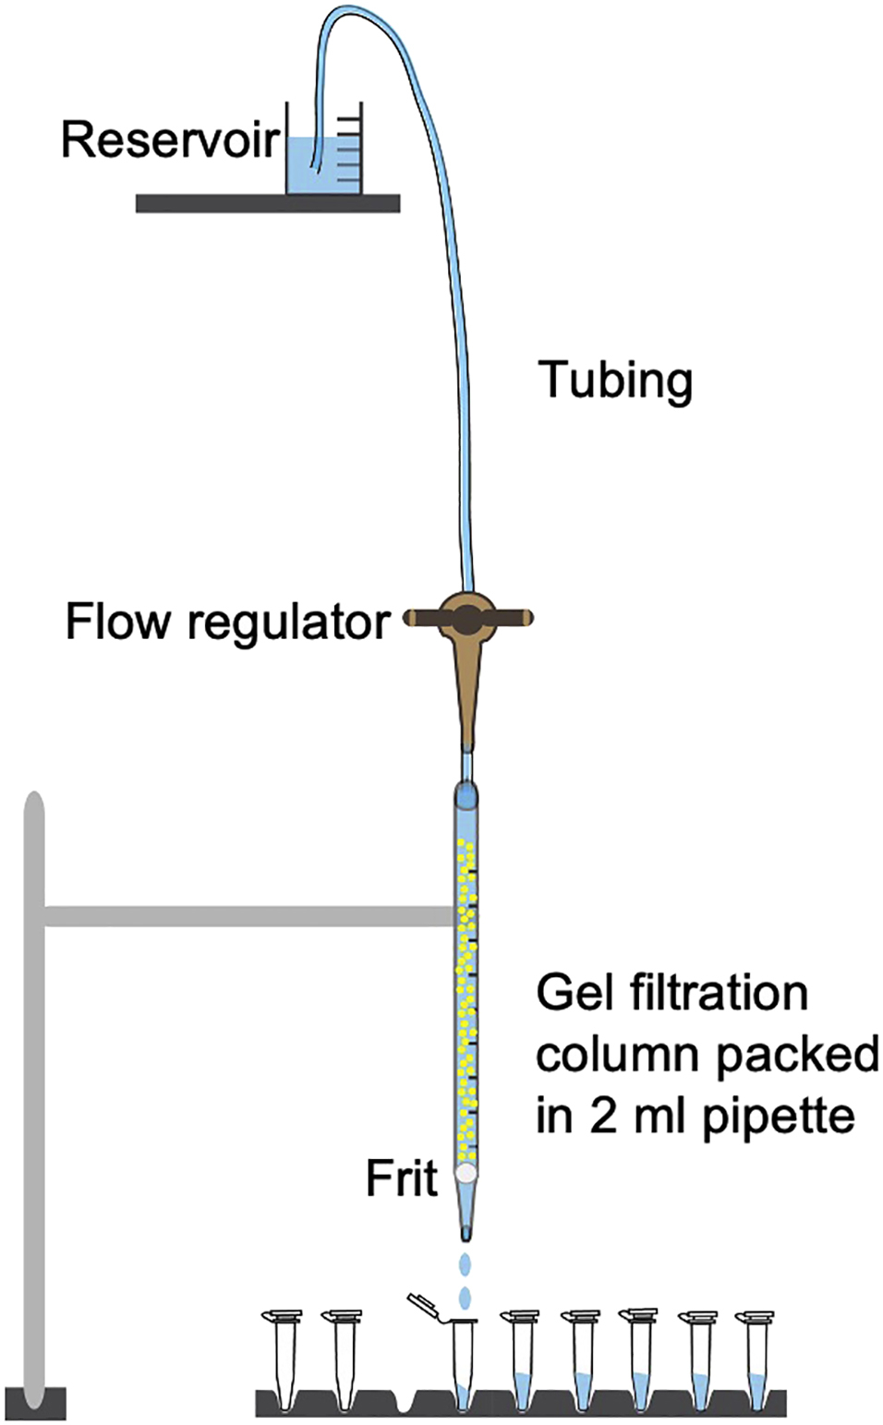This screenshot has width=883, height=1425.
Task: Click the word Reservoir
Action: click(170, 139)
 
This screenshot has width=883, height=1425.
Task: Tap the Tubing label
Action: click(615, 380)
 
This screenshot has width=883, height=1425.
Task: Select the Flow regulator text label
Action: click(227, 622)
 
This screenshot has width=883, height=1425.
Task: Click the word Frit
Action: click(401, 1178)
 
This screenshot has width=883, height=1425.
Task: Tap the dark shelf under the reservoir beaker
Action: click(267, 203)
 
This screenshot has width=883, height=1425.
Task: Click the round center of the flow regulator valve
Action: click(467, 619)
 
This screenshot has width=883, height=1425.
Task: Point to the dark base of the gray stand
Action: click(35, 1403)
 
